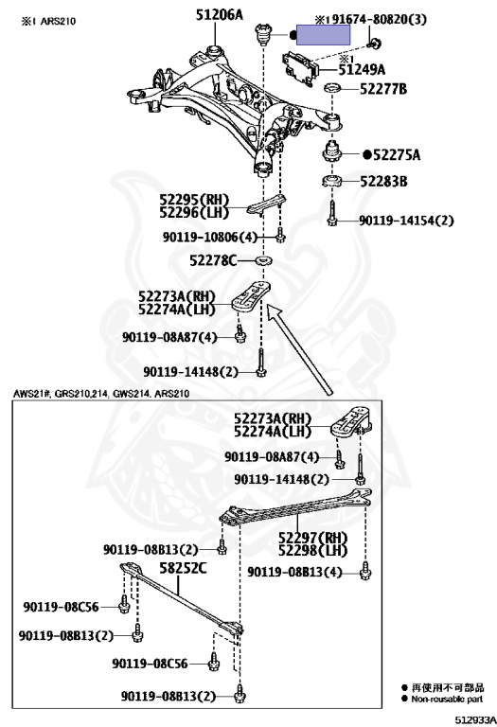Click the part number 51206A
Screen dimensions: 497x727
(x=219, y=15)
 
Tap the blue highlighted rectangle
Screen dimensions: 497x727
(x=323, y=35)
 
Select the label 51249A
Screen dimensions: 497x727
(x=362, y=70)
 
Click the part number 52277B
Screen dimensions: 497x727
(x=383, y=89)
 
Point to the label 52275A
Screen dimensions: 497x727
(x=397, y=155)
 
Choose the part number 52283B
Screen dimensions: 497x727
(x=384, y=182)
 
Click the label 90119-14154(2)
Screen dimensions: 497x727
(x=406, y=220)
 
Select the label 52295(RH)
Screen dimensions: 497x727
(x=195, y=200)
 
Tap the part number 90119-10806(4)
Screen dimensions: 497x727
(x=209, y=237)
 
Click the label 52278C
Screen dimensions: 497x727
(x=213, y=260)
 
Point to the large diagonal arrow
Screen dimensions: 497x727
(x=300, y=350)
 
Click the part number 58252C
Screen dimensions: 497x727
(x=183, y=568)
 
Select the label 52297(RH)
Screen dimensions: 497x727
(x=313, y=538)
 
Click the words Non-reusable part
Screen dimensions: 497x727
(x=447, y=699)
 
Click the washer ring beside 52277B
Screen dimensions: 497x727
(x=332, y=87)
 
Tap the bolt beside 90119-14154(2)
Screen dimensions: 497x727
(x=331, y=214)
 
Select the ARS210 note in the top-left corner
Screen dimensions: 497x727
(x=48, y=22)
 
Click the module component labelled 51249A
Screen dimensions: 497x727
(x=301, y=68)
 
